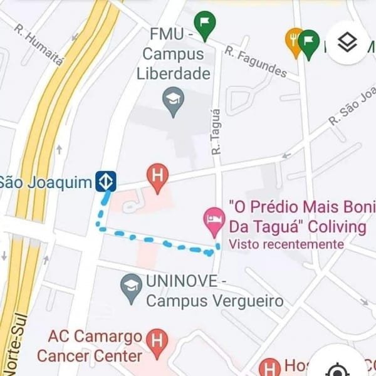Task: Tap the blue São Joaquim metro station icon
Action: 105,182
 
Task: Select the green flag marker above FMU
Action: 204,25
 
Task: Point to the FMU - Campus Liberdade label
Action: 174,53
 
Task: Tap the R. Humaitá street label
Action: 39,46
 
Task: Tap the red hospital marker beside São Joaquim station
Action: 158,177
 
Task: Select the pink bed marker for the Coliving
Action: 214,219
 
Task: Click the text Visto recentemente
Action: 286,244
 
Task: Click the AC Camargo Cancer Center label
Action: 90,347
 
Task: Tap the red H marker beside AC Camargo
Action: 157,342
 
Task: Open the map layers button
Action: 347,43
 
